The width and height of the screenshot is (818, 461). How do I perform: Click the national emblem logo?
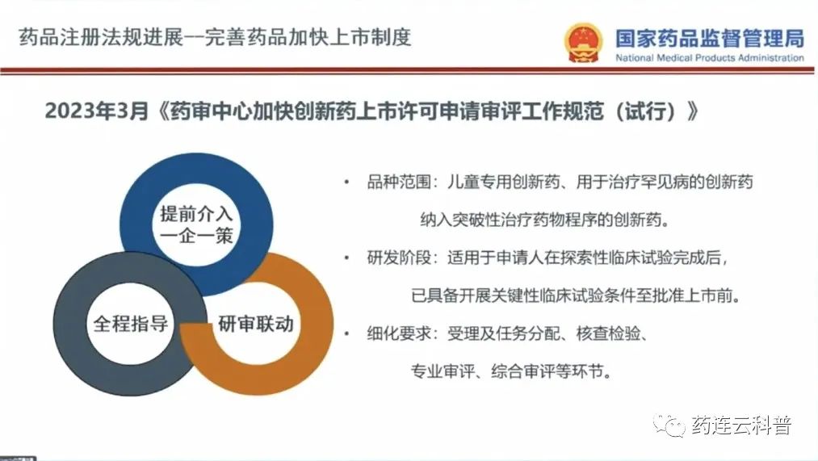pyautogui.click(x=583, y=42)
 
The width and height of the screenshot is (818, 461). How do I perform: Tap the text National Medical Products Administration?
pyautogui.click(x=710, y=58)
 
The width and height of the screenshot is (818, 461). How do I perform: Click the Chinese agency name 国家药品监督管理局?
pyautogui.click(x=710, y=38)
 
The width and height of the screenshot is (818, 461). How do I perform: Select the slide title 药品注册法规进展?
pyautogui.click(x=102, y=37)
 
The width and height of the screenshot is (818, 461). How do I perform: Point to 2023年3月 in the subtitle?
pyautogui.click(x=97, y=111)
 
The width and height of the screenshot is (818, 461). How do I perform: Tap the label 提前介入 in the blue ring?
pyautogui.click(x=196, y=214)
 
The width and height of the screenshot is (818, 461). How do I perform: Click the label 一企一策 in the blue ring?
pyautogui.click(x=196, y=236)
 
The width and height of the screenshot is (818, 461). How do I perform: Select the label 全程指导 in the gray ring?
pyautogui.click(x=131, y=323)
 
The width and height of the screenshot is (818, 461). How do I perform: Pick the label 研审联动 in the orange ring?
pyautogui.click(x=256, y=323)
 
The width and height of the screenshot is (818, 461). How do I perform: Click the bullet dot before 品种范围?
pyautogui.click(x=347, y=182)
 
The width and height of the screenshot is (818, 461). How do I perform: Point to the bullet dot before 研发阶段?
pyautogui.click(x=347, y=258)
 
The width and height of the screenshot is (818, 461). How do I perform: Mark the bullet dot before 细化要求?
pyautogui.click(x=347, y=333)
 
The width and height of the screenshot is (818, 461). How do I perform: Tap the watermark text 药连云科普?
pyautogui.click(x=742, y=425)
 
